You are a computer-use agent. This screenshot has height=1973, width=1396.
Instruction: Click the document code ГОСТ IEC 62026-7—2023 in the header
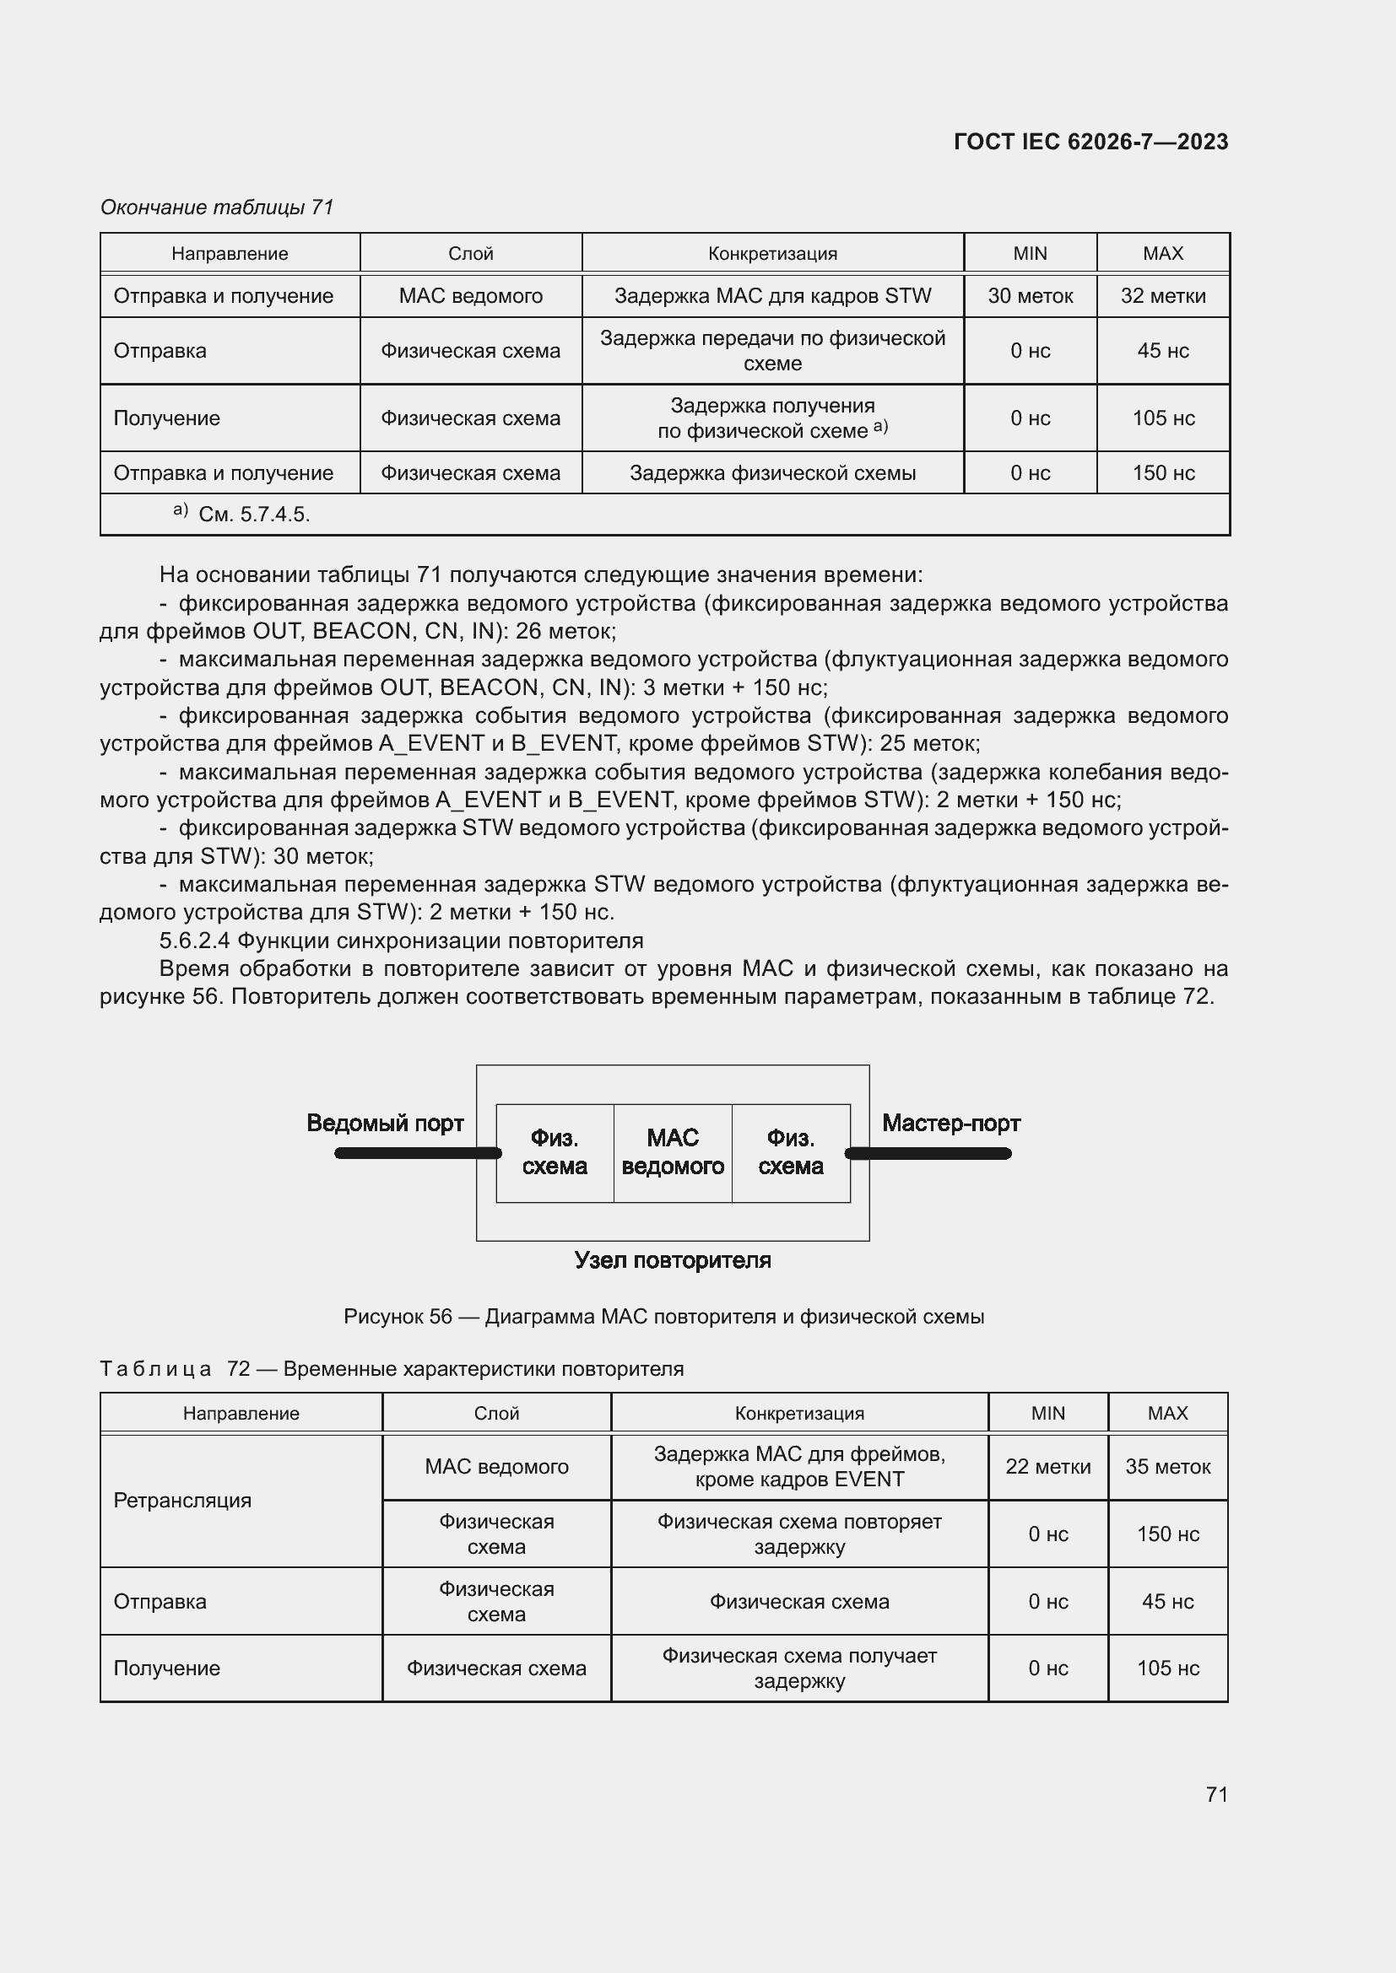coord(1090,142)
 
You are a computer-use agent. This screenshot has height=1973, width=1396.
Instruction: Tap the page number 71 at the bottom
coord(1216,1794)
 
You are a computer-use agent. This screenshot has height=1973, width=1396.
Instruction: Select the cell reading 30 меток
coord(1030,295)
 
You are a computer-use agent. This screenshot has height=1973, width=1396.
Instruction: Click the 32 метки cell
coord(1162,295)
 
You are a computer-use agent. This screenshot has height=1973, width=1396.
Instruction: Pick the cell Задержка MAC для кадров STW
coord(772,295)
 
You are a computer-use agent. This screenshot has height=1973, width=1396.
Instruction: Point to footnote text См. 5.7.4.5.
coord(253,515)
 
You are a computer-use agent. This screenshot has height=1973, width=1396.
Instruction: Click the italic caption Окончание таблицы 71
coord(217,208)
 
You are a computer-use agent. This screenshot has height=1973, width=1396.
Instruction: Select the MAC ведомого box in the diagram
coord(672,1152)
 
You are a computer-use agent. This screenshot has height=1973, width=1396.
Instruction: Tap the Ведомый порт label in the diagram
coord(385,1123)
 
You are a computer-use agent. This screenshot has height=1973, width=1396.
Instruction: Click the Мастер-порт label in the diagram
coord(950,1123)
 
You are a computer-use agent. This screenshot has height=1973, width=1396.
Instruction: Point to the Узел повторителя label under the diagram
coord(672,1260)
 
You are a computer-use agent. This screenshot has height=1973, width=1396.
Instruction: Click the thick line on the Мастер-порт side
coord(928,1153)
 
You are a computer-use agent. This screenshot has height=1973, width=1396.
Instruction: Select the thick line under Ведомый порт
coord(417,1153)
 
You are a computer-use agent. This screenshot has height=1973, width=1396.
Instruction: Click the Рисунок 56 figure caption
coord(663,1317)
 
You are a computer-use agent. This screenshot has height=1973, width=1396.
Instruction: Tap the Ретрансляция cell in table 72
coord(182,1501)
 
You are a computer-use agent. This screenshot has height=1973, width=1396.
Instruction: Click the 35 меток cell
coord(1167,1467)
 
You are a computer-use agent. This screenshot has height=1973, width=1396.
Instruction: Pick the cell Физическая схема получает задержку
coord(798,1668)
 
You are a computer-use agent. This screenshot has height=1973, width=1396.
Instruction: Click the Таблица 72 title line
coord(391,1369)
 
